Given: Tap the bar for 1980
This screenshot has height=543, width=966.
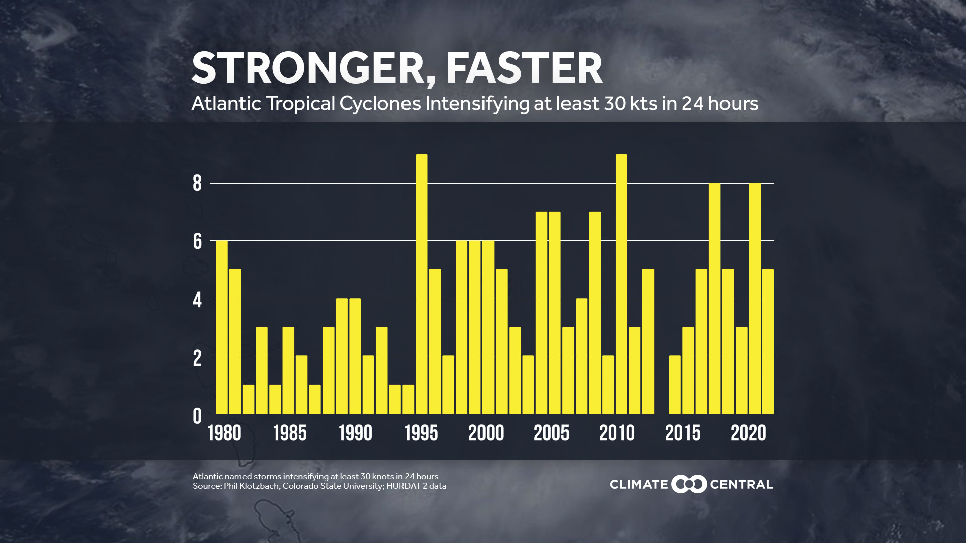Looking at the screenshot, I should [222, 327].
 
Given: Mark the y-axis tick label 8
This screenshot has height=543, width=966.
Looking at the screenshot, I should [197, 184].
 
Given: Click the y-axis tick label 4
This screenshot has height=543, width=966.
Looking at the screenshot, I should [197, 300].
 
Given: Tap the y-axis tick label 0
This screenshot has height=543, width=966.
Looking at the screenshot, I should [197, 416].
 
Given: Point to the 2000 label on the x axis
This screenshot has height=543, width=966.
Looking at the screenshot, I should [486, 433].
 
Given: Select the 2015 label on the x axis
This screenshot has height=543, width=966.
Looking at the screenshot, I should [683, 433].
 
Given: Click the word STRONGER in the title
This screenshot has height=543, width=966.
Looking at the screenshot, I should [308, 69].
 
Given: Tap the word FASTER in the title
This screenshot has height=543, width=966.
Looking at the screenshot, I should [524, 69].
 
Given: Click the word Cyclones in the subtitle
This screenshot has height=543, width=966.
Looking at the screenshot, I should [380, 104].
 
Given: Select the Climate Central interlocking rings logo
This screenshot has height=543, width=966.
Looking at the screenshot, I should [689, 484].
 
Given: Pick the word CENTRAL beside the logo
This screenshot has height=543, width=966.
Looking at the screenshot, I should [741, 485].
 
